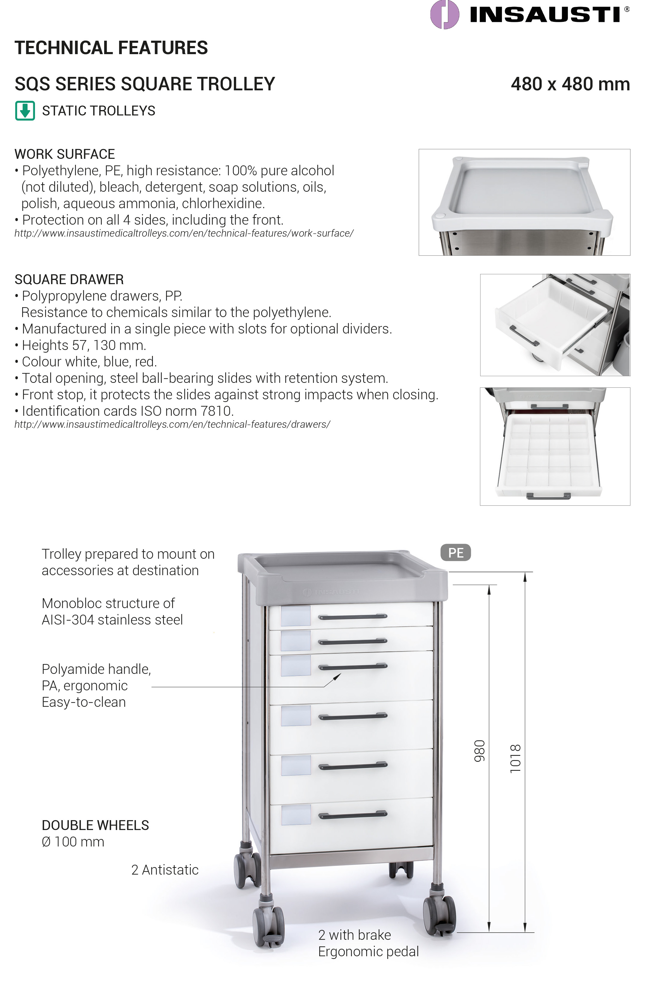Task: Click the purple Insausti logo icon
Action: [x=444, y=15]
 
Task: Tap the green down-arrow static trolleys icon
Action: [x=25, y=111]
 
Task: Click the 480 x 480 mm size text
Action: [x=570, y=84]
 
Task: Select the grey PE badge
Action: [x=455, y=552]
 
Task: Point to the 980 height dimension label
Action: [x=480, y=751]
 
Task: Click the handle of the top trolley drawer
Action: [x=352, y=617]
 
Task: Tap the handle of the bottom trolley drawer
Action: [x=352, y=815]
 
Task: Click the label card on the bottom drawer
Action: [x=296, y=815]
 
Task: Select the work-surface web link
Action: [x=184, y=233]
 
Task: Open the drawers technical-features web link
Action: [x=172, y=424]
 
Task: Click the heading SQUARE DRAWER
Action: [x=69, y=280]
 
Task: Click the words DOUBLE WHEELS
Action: [x=95, y=825]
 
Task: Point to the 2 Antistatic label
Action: [x=165, y=869]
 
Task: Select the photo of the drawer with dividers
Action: [x=555, y=446]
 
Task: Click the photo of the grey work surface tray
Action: [x=524, y=202]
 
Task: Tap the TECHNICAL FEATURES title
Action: [x=111, y=48]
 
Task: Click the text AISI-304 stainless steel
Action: [x=112, y=620]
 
